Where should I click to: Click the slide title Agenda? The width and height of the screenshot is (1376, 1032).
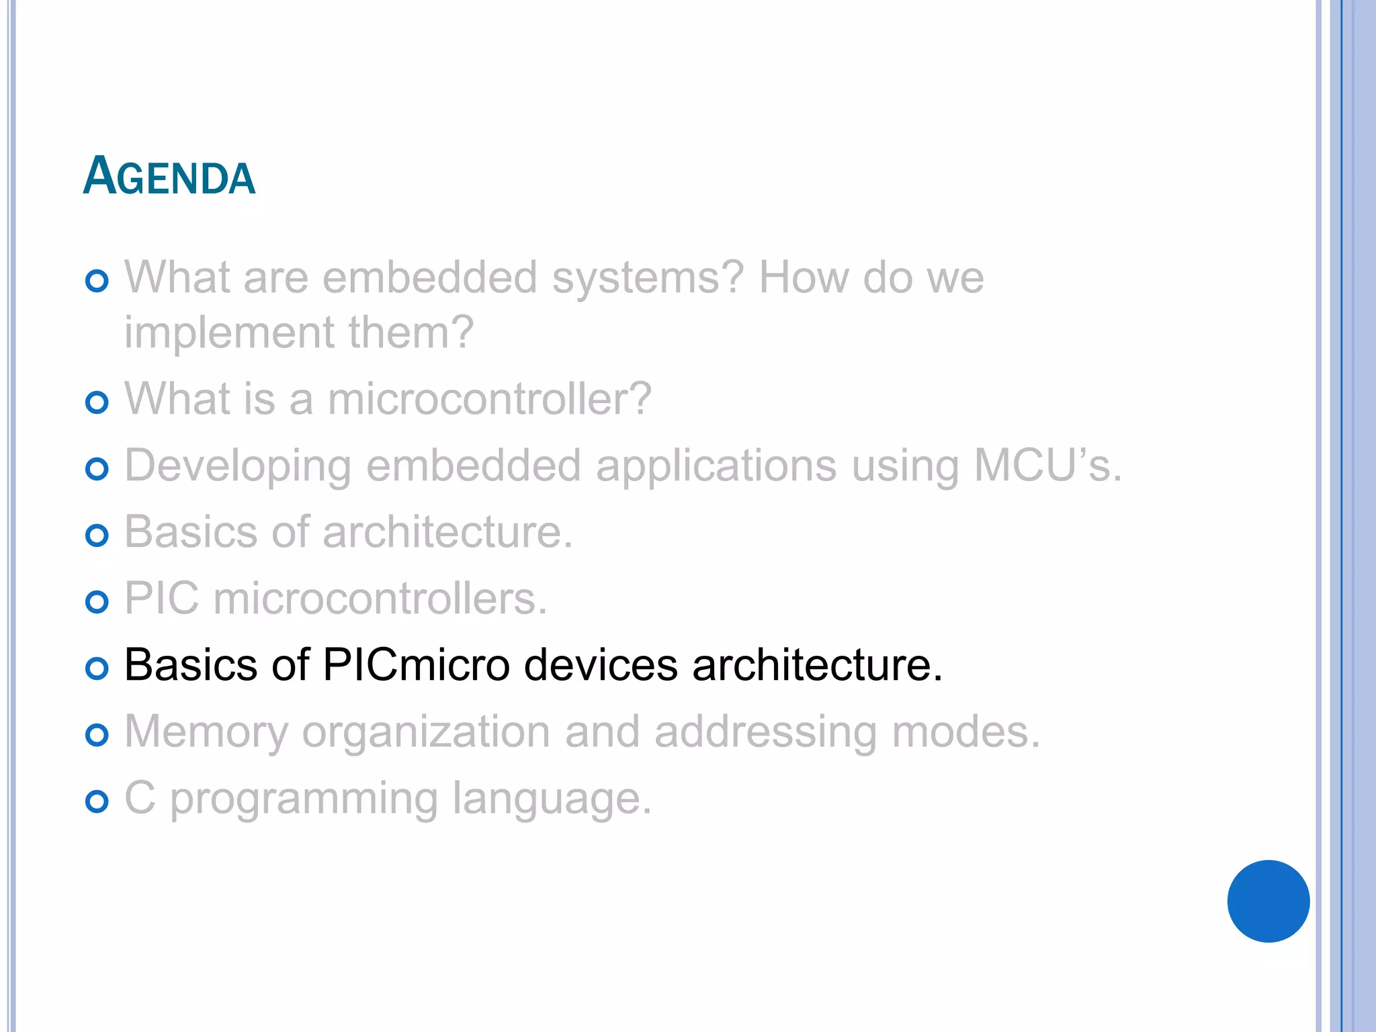coord(169,176)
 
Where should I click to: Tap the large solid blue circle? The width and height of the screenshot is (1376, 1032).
coord(1268,901)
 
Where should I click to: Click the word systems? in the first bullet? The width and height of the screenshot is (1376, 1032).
coord(648,277)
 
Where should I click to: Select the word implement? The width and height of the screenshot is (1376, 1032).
coord(229,333)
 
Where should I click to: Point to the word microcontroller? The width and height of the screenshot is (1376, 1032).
coord(490,398)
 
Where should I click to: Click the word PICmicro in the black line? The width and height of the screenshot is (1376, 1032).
coord(416,665)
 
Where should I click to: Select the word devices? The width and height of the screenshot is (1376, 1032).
coord(601,665)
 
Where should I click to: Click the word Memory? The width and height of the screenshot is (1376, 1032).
coord(206,733)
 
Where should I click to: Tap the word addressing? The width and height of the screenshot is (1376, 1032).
coord(765,733)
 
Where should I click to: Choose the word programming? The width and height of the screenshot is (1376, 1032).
coord(304,800)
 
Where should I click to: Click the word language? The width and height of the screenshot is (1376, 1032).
coord(552,800)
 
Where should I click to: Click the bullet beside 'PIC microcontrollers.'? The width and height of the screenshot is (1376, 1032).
coord(97,602)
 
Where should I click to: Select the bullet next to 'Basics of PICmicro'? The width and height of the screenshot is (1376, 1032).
coord(97,668)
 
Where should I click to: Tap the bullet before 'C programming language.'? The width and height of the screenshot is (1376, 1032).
coord(97,801)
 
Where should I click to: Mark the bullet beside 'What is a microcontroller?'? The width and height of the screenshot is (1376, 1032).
coord(97,402)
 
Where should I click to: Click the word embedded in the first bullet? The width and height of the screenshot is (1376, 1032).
coord(430,277)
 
